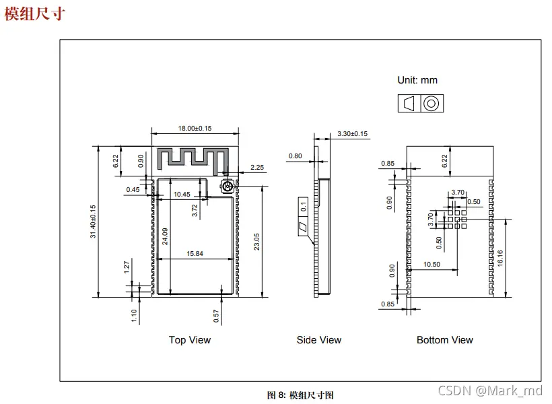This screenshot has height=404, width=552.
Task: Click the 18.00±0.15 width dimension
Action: coord(195,128)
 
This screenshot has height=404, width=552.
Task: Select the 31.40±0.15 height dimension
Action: coord(93,222)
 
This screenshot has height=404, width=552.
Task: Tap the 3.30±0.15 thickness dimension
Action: coord(352,134)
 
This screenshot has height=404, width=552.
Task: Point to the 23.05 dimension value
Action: coord(256,242)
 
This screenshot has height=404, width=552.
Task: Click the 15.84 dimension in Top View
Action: coord(195,254)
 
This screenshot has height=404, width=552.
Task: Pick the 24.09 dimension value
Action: coord(165,236)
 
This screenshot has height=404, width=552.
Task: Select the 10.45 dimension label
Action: coord(182,195)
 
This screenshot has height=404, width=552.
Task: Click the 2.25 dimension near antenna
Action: coord(257,167)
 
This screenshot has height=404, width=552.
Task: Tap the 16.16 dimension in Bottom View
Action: coord(500,258)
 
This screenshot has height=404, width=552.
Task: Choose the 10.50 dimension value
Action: coord(432,264)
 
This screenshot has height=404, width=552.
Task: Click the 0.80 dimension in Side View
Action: coord(295,156)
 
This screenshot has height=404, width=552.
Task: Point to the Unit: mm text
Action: coord(417,80)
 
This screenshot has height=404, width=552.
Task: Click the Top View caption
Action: coord(190,340)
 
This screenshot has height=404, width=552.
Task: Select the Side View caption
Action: coord(319,340)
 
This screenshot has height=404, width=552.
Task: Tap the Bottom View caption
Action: coord(444,340)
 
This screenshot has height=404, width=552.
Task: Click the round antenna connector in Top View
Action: coord(228,186)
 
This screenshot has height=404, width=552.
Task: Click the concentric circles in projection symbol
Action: coord(432,104)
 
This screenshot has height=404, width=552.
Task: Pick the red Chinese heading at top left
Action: coord(34,14)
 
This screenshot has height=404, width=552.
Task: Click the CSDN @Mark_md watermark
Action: coord(490,391)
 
